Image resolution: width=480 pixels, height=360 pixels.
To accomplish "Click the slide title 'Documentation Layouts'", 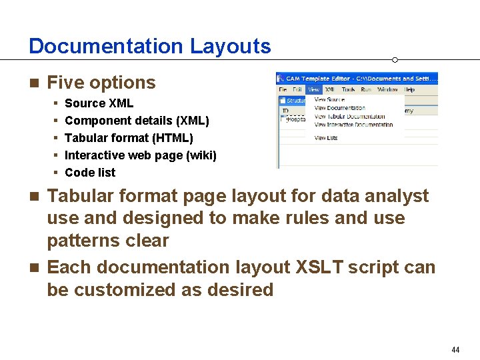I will (x=150, y=46).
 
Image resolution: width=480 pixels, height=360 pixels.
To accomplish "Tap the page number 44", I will (x=455, y=350).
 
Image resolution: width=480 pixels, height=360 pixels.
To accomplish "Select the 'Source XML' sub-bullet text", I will (x=99, y=103).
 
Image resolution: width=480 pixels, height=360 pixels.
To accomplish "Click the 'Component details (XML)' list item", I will (x=137, y=121).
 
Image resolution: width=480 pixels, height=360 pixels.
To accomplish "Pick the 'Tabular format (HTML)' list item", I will (x=129, y=138).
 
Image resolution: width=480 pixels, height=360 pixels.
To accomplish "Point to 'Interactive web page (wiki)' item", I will (x=140, y=155).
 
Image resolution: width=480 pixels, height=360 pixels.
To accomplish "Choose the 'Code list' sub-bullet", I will (x=90, y=173).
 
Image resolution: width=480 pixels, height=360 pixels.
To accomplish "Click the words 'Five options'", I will (x=101, y=83).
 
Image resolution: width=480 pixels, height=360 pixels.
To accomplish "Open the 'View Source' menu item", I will (x=329, y=100).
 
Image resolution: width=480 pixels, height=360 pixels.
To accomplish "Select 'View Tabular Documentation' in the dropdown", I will (x=350, y=117).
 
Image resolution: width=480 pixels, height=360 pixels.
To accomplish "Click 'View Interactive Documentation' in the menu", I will (x=354, y=125).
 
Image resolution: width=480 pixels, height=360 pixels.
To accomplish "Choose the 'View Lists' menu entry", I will (x=326, y=138).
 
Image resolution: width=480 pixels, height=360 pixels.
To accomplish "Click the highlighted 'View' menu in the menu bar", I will (x=313, y=89).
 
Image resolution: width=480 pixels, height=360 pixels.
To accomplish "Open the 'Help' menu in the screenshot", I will (x=409, y=89).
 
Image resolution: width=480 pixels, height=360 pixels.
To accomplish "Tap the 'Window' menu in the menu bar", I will (x=387, y=89).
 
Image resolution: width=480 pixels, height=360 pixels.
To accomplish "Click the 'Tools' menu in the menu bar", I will (x=348, y=89).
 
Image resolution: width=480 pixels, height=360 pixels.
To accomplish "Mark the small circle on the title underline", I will (x=395, y=60).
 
